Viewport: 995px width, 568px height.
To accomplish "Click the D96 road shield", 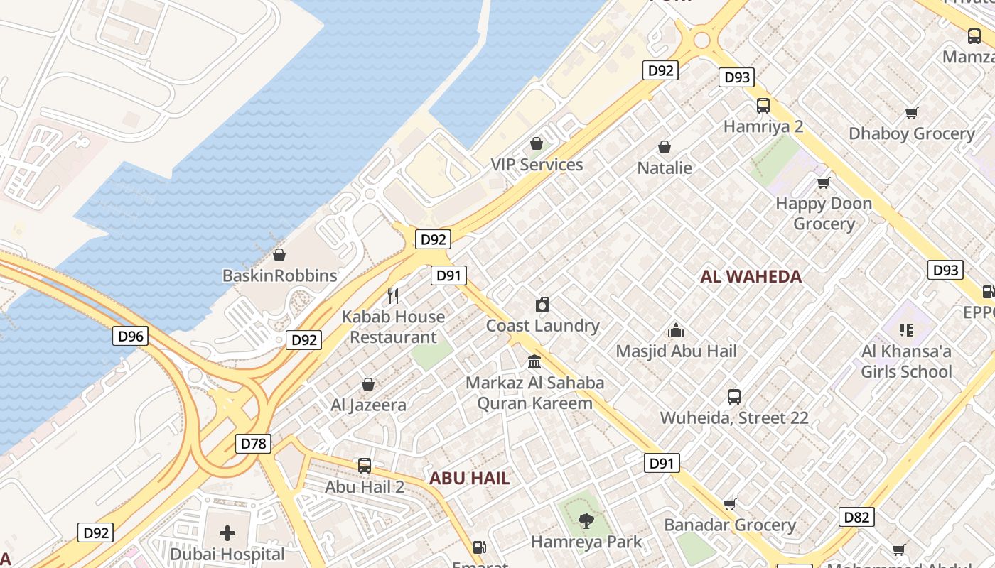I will [131, 336].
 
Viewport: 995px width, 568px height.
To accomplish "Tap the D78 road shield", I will [253, 444].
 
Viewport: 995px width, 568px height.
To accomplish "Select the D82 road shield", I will [856, 517].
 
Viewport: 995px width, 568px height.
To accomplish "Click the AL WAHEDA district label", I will [751, 277].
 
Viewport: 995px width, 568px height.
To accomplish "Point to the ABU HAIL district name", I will [469, 478].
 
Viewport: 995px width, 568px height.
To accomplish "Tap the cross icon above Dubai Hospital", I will [227, 532].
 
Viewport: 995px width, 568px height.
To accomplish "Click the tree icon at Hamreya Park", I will [586, 522].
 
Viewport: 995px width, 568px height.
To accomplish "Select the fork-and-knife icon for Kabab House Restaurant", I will [393, 295].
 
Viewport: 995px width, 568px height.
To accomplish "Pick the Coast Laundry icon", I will [542, 305].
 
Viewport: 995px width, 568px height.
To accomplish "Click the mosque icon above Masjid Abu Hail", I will [676, 330].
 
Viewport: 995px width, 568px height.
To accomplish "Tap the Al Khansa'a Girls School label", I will [906, 361].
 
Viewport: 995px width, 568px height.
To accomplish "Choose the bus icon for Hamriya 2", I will [763, 106].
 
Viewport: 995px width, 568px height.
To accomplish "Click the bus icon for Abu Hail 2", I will [365, 466].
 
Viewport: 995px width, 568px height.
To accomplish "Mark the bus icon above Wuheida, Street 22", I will [734, 397].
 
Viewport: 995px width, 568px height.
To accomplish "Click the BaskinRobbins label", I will [280, 275].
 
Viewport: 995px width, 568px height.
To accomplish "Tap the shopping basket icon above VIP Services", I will [537, 144].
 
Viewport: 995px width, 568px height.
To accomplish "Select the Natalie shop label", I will [665, 168].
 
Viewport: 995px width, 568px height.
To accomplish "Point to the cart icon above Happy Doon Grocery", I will [824, 183].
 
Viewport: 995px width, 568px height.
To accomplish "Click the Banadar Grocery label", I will [730, 525].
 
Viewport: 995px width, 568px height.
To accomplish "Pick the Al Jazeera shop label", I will [369, 405].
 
